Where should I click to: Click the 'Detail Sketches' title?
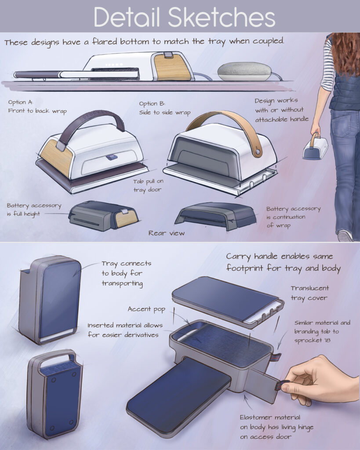pyautogui.click(x=184, y=17)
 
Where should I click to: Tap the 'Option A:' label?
pyautogui.click(x=20, y=102)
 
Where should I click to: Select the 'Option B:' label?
pyautogui.click(x=152, y=104)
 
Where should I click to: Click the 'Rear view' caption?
pyautogui.click(x=167, y=233)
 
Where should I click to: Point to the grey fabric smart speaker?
pyautogui.click(x=244, y=72)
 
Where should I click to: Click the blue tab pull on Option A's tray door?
pyautogui.click(x=111, y=157)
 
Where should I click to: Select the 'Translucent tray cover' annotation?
pyautogui.click(x=309, y=293)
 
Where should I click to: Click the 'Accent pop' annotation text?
pyautogui.click(x=146, y=309)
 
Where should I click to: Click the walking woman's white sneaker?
pyautogui.click(x=345, y=236)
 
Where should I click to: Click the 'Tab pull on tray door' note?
pyautogui.click(x=148, y=185)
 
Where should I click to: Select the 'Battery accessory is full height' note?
pyautogui.click(x=34, y=210)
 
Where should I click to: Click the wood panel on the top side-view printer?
pyautogui.click(x=172, y=67)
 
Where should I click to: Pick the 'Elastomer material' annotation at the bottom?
pyautogui.click(x=276, y=427)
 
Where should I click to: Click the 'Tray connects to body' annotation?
pyautogui.click(x=126, y=273)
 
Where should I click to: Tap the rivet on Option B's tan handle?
pyautogui.click(x=257, y=152)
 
